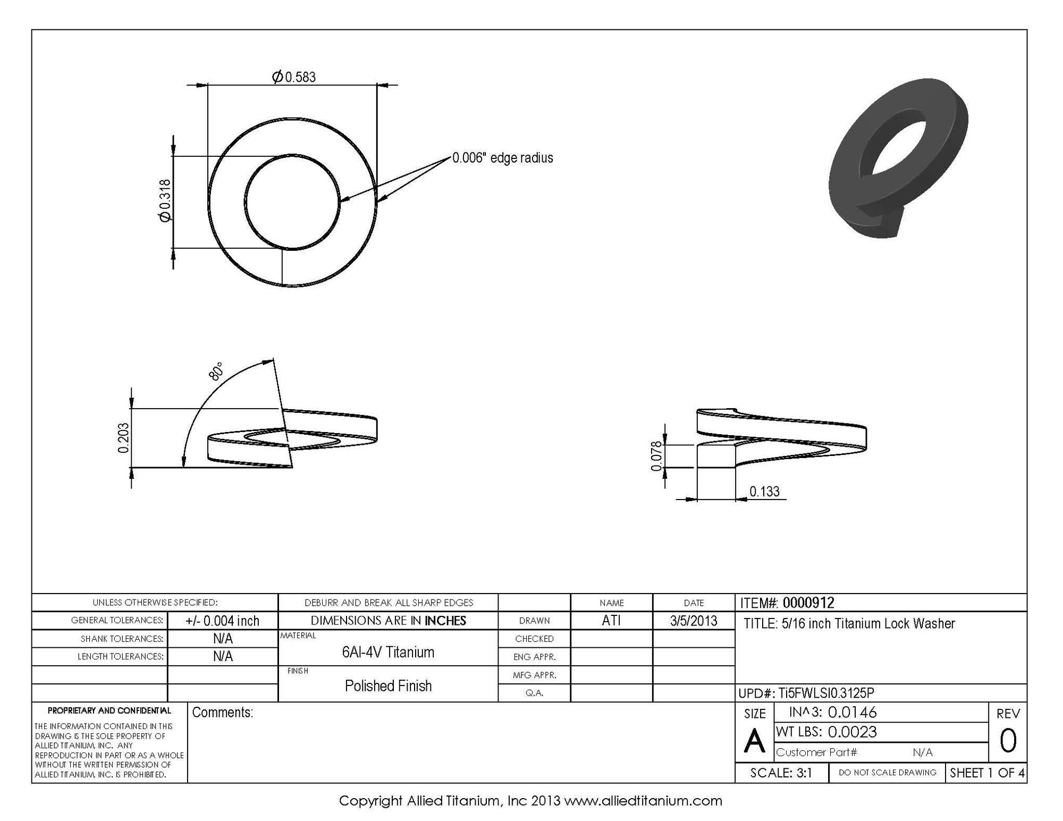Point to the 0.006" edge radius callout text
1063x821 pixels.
tap(502, 158)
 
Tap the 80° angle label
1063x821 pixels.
tap(216, 371)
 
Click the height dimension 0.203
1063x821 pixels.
tap(123, 438)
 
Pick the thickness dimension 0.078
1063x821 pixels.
tap(657, 456)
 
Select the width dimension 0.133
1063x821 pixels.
tap(764, 492)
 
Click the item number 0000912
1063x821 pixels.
tap(808, 603)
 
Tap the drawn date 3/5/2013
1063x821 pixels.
tap(694, 621)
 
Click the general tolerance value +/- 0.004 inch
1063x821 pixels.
tap(222, 621)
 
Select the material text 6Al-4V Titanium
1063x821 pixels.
tap(388, 652)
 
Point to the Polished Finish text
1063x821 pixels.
tap(388, 686)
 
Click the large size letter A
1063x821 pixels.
tap(754, 741)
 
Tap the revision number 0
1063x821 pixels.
tap(1008, 741)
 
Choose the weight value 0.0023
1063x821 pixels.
tap(852, 732)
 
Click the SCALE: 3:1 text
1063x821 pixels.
tap(781, 773)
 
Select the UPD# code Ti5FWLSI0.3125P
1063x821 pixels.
tap(826, 693)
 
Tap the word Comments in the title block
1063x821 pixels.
tap(222, 713)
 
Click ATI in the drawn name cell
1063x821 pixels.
tap(611, 621)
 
